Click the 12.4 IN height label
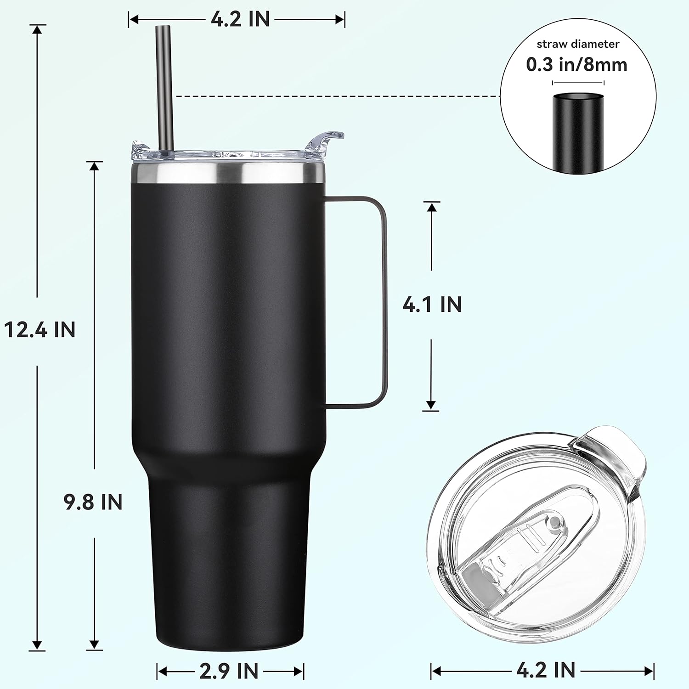click(x=40, y=330)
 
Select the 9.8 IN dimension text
click(x=93, y=502)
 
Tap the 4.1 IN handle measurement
click(x=432, y=305)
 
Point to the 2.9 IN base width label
click(x=229, y=671)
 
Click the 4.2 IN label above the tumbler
click(x=240, y=19)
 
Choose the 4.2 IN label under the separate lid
click(x=546, y=670)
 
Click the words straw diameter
click(x=578, y=44)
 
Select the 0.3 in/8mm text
click(x=576, y=65)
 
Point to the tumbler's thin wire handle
click(x=383, y=303)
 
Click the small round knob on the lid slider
click(x=555, y=522)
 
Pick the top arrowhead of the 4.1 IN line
click(x=431, y=207)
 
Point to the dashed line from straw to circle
click(x=335, y=96)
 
